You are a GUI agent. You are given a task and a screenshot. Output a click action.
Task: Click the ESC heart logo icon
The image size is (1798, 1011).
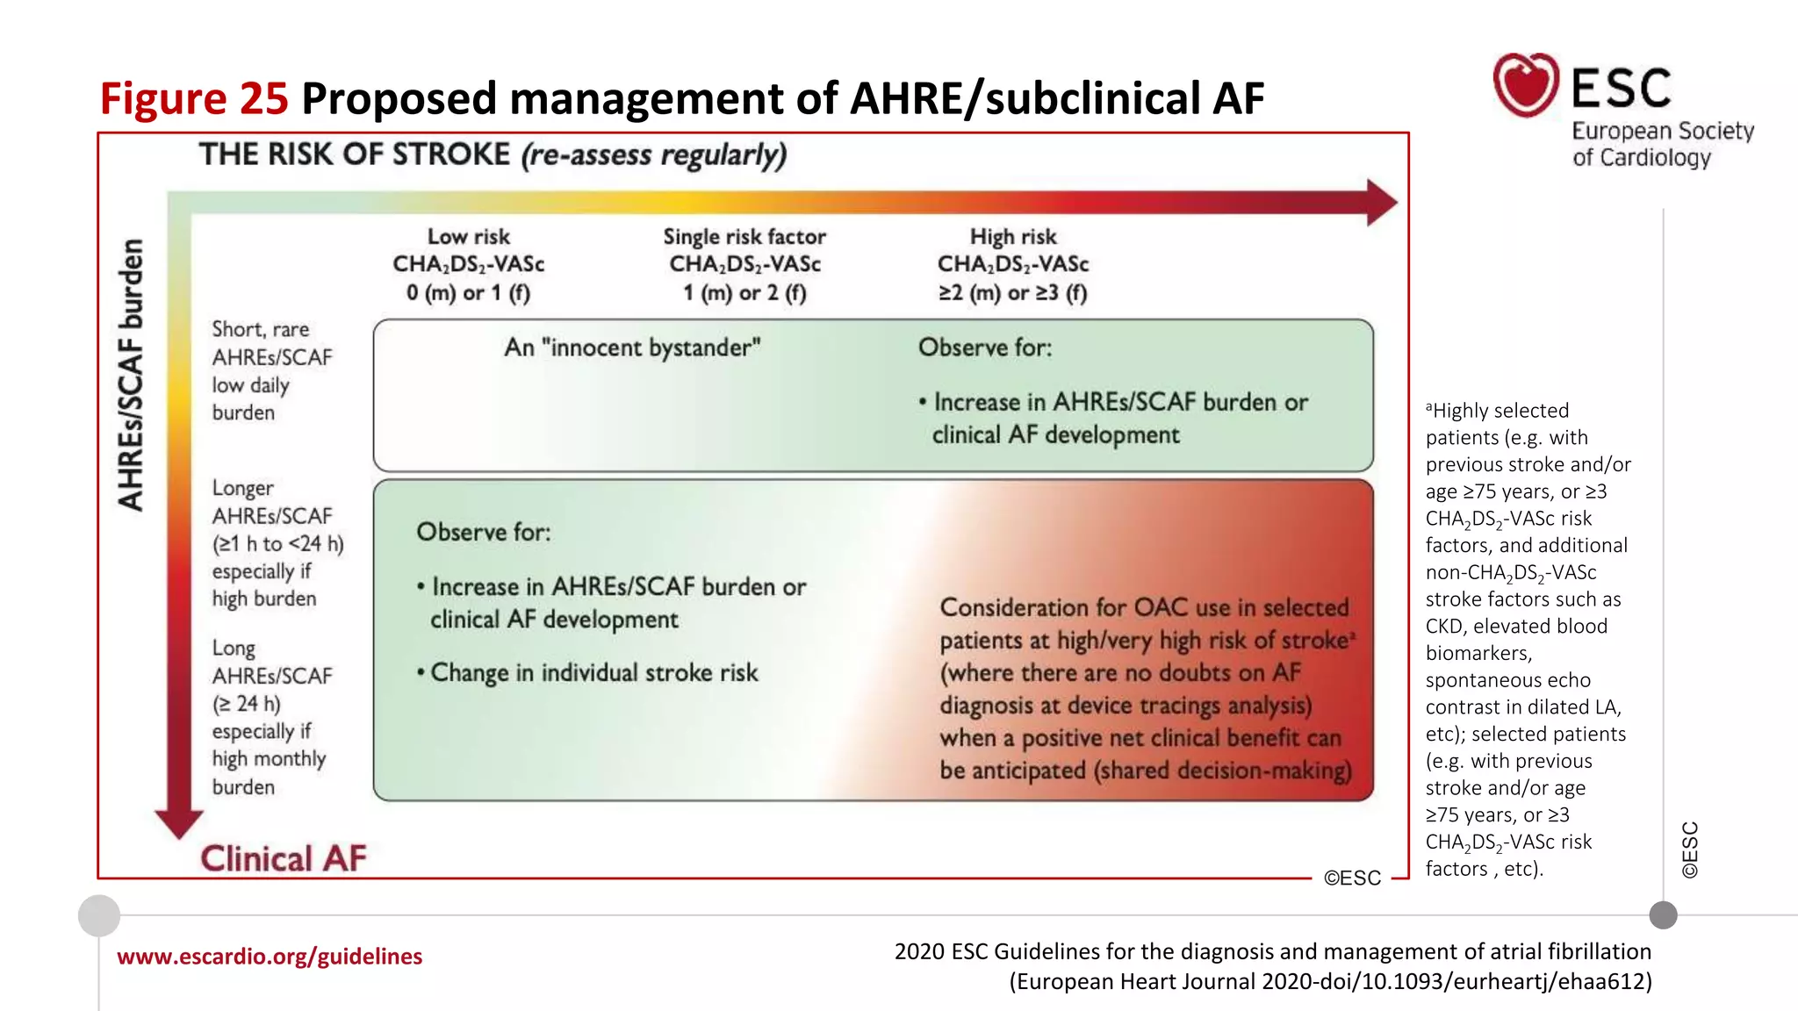pyautogui.click(x=1526, y=85)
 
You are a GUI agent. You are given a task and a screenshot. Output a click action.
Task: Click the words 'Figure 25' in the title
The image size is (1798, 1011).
pyautogui.click(x=194, y=98)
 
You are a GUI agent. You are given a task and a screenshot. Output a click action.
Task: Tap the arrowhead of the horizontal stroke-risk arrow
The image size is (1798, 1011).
pyautogui.click(x=1381, y=203)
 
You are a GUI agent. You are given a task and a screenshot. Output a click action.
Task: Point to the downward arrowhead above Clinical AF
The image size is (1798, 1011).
pyautogui.click(x=179, y=823)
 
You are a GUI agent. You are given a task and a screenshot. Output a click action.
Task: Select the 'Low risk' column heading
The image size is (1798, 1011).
pyautogui.click(x=468, y=237)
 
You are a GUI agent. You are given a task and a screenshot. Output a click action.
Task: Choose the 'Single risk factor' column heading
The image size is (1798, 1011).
pyautogui.click(x=744, y=237)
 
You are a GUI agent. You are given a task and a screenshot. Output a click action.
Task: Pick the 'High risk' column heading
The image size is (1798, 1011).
pyautogui.click(x=1013, y=237)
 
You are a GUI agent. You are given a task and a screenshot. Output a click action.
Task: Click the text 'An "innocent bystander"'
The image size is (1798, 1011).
pyautogui.click(x=632, y=348)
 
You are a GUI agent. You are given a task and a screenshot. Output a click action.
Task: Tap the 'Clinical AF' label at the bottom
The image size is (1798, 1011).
pyautogui.click(x=283, y=858)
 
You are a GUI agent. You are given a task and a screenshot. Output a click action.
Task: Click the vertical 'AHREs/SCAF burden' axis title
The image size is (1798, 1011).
pyautogui.click(x=131, y=375)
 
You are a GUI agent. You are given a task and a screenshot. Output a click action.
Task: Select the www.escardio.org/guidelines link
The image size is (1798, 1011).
pyautogui.click(x=270, y=957)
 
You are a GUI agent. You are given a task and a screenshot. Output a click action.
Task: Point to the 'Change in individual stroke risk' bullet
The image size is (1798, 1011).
pyautogui.click(x=588, y=673)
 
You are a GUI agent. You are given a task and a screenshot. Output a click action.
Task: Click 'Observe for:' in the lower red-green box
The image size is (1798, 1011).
pyautogui.click(x=484, y=532)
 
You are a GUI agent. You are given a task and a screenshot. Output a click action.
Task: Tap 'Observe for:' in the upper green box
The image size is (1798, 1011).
pyautogui.click(x=985, y=348)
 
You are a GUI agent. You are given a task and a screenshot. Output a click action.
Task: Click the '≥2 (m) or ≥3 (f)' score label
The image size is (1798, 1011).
pyautogui.click(x=1013, y=292)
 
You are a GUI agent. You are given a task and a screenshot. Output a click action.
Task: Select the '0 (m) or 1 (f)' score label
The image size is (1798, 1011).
pyautogui.click(x=468, y=292)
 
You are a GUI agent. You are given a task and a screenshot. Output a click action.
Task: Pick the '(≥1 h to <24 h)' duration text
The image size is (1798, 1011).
pyautogui.click(x=277, y=544)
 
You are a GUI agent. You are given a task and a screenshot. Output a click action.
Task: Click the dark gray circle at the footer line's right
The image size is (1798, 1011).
pyautogui.click(x=1663, y=915)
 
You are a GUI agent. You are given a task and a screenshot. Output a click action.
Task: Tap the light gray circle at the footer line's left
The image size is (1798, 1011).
pyautogui.click(x=99, y=915)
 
